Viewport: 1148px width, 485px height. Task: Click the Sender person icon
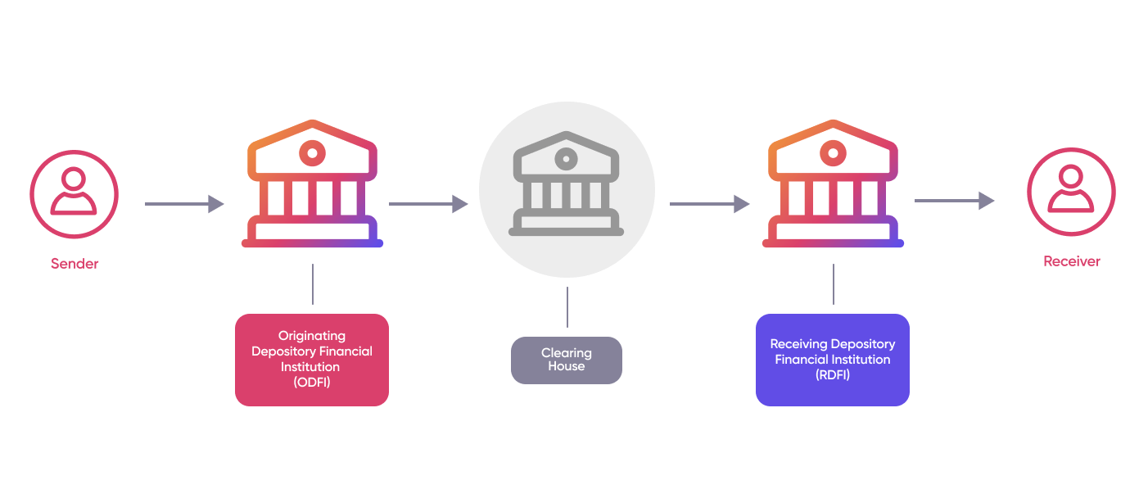74,194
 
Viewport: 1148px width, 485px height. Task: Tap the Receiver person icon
1071,193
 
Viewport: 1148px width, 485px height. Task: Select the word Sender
75,264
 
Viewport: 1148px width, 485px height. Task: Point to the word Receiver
1071,261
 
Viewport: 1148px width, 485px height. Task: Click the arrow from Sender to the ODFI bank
184,204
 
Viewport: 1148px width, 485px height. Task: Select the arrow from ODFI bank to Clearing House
428,204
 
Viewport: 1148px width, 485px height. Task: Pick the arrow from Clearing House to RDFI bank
709,204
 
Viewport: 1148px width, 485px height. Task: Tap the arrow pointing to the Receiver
954,201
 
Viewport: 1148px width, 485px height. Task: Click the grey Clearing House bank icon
566,188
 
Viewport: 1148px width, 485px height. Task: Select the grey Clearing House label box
566,360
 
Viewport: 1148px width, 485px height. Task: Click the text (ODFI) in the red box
312,382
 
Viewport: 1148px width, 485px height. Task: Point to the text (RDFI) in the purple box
833,374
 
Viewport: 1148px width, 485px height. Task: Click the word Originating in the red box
312,335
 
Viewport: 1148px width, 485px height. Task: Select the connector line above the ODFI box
312,284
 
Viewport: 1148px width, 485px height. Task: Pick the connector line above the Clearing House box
567,306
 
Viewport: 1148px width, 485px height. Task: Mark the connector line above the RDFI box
834,284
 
